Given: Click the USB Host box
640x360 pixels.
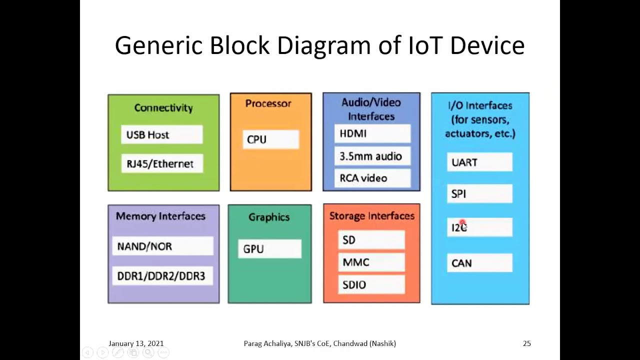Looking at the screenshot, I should pyautogui.click(x=161, y=134).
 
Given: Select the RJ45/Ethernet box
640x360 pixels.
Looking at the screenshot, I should pyautogui.click(x=161, y=163).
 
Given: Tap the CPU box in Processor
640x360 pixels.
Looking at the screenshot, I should pyautogui.click(x=270, y=139).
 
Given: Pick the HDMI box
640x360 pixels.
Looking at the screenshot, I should pyautogui.click(x=371, y=133).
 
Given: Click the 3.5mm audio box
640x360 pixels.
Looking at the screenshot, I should pyautogui.click(x=371, y=156).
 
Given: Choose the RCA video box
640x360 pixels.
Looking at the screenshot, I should pyautogui.click(x=371, y=178).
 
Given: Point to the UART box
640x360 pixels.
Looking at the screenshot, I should pyautogui.click(x=479, y=162).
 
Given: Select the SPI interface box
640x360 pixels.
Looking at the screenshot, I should pyautogui.click(x=479, y=193).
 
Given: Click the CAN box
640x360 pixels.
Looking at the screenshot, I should pyautogui.click(x=479, y=263).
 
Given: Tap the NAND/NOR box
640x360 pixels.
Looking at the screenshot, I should pyautogui.click(x=162, y=246).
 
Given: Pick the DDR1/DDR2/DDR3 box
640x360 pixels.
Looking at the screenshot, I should pyautogui.click(x=162, y=276).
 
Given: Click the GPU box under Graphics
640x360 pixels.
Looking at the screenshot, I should pyautogui.click(x=269, y=249).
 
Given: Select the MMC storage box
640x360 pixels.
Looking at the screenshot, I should pyautogui.click(x=371, y=262).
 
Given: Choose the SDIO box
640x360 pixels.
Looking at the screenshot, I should pyautogui.click(x=371, y=284).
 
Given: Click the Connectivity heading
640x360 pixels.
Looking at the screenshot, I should pyautogui.click(x=163, y=108).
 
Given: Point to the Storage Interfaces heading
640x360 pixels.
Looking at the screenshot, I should pyautogui.click(x=372, y=216).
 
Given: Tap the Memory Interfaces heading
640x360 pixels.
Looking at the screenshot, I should pyautogui.click(x=160, y=216).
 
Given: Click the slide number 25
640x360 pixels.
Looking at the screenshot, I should pyautogui.click(x=526, y=343).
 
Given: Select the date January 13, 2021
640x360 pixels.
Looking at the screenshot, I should pyautogui.click(x=136, y=343).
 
